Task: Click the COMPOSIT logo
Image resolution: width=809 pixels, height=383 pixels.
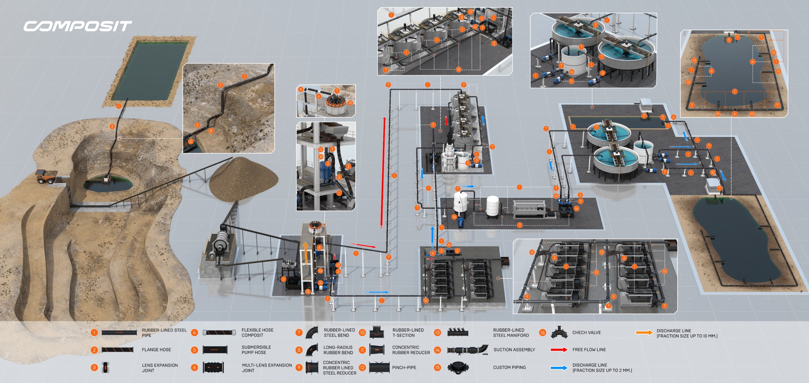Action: pos(77,26)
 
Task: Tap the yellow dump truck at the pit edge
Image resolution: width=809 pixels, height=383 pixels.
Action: pos(46,176)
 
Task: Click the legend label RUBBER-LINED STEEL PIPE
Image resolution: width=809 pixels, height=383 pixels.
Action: pos(164,332)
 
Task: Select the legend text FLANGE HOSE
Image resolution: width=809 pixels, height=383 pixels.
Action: pos(156,349)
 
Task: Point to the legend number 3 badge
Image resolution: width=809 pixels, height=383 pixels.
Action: pos(94,368)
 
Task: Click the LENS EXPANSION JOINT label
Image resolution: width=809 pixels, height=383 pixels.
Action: pos(160,368)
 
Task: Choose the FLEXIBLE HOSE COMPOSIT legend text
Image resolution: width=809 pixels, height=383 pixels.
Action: pos(257,332)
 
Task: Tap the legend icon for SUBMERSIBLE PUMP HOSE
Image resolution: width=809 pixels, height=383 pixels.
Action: pos(215,350)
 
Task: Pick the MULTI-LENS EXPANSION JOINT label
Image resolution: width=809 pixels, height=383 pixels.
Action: pos(267,368)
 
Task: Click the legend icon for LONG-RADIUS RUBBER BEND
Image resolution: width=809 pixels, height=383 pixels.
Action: pos(312,350)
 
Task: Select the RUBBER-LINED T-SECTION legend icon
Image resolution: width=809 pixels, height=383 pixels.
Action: pos(376,332)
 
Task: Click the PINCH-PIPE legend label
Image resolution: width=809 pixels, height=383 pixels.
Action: pos(404,368)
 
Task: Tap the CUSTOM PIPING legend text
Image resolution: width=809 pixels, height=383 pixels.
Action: pos(509,368)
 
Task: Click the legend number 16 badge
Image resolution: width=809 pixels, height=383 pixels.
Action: pos(543,332)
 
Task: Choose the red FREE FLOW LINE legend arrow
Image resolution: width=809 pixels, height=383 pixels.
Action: pos(559,350)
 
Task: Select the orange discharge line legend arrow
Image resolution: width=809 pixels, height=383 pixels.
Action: pos(644,332)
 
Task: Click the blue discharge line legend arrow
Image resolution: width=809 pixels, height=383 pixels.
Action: pos(559,368)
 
